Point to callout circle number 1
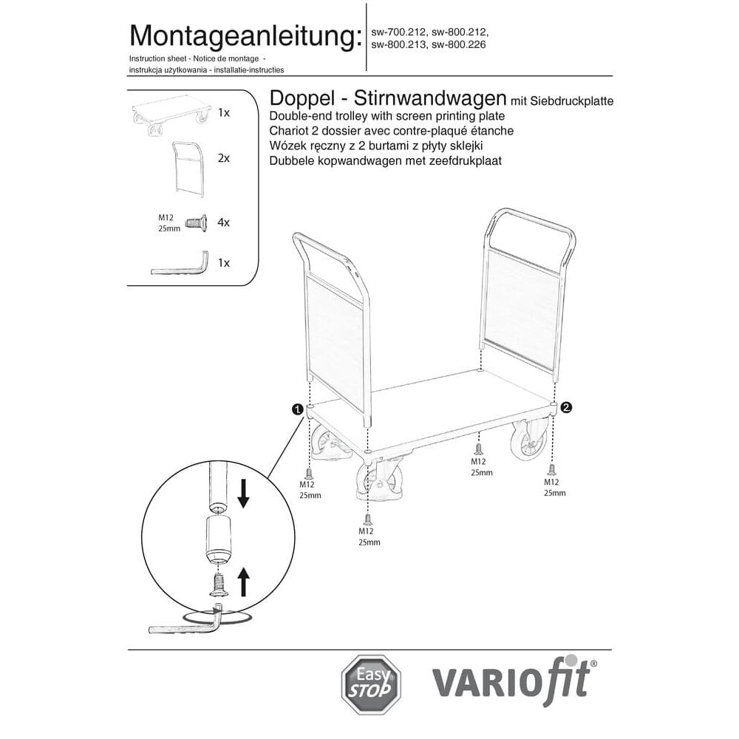[x=297, y=409]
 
